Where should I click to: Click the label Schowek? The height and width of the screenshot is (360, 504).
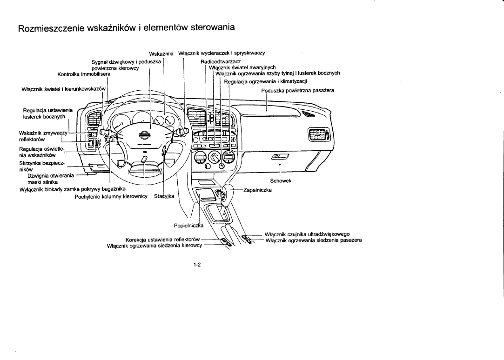coord(280,181)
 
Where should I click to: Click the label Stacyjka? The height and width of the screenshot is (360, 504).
coord(164,196)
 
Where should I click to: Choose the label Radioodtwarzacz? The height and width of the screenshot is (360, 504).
coord(220,62)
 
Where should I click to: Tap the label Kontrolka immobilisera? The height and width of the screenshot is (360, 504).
coord(84,74)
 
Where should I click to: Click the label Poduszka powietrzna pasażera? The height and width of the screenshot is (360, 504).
coord(298,90)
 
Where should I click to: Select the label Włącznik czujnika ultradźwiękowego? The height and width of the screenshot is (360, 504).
coord(307,234)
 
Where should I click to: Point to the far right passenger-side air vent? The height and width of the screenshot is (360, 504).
coord(318,135)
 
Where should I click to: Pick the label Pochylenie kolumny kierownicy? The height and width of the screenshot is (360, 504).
coord(111,196)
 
